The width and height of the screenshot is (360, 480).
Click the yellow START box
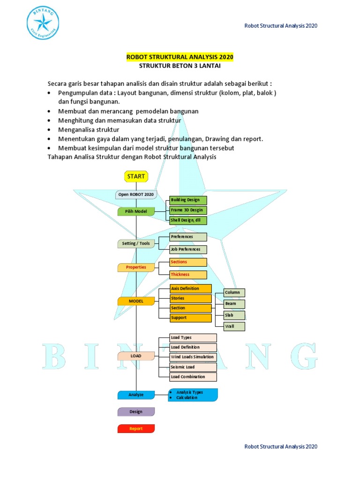point(136,177)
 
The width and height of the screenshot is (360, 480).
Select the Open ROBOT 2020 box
point(136,195)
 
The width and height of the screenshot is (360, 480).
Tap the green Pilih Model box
point(136,211)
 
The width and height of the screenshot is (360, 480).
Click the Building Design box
point(187,200)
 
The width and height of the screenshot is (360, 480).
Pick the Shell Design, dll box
point(187,220)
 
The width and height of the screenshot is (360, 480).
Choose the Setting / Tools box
point(136,244)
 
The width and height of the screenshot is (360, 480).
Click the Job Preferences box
point(187,249)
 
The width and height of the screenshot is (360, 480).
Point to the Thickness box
point(187,275)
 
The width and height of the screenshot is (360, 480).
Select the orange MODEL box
point(136,301)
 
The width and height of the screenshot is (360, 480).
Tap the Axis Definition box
point(190,289)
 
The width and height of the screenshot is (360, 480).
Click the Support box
point(190,318)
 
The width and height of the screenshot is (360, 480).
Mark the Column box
point(234,292)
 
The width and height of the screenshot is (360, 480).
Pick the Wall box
point(234,326)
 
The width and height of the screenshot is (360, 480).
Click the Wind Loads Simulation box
point(193,357)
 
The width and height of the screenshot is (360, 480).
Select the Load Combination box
point(193,377)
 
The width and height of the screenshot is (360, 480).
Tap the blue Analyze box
point(136,395)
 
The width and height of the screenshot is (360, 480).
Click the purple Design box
point(136,412)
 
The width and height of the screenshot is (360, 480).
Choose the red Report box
point(136,429)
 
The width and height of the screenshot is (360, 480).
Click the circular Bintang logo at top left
point(43,23)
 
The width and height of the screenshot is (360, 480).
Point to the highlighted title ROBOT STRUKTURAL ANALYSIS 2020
point(180,57)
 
